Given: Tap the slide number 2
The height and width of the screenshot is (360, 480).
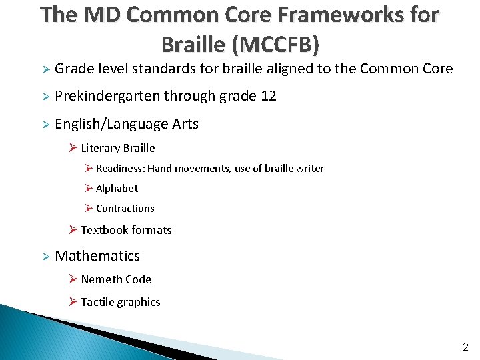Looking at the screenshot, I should click(x=465, y=347).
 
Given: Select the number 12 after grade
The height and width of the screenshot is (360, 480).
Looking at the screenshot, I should click(x=269, y=96).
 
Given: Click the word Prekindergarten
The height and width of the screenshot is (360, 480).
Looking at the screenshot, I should click(x=107, y=96).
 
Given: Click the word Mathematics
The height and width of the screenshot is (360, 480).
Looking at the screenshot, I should click(x=97, y=256).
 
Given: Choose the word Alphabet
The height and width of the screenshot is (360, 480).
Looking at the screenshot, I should click(x=117, y=189).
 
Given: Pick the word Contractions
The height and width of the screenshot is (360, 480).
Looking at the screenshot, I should click(x=125, y=209).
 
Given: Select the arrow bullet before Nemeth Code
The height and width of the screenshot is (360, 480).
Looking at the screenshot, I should click(x=73, y=279).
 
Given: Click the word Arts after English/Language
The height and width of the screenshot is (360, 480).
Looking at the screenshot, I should click(x=185, y=124).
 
